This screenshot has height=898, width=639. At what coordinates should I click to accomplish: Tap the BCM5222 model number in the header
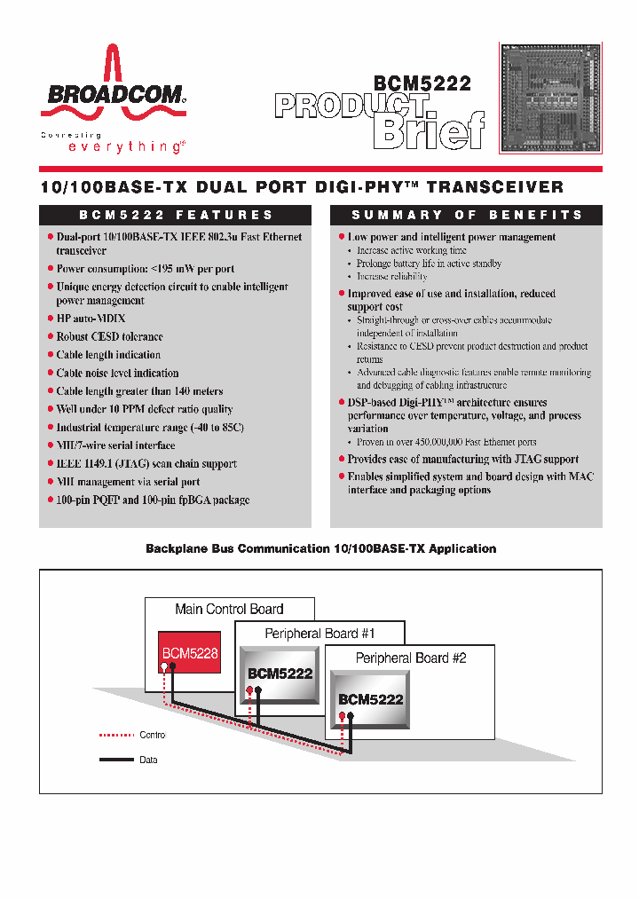tap(422, 84)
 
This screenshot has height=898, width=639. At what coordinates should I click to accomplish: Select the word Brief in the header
tap(430, 130)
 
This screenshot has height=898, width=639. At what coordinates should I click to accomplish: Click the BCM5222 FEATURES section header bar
tap(176, 215)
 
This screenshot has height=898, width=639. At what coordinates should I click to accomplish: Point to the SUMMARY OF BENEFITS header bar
tap(466, 215)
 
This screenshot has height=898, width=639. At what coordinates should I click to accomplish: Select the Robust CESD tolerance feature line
tap(109, 336)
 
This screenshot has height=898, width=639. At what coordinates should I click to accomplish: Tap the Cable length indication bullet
tap(108, 355)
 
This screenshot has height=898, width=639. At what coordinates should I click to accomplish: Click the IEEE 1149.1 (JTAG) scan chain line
tap(146, 463)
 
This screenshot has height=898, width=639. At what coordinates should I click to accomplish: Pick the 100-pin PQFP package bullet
tap(153, 500)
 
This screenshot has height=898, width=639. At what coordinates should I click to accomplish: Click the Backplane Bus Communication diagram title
tap(320, 549)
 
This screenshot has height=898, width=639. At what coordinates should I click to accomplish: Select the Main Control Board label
tap(229, 610)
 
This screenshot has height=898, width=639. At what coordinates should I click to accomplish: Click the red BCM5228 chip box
tap(189, 653)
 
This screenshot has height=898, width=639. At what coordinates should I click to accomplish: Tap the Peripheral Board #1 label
tap(319, 634)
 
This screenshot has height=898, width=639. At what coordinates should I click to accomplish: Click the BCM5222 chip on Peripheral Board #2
tap(370, 699)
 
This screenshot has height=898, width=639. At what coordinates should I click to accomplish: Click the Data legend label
tap(148, 760)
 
